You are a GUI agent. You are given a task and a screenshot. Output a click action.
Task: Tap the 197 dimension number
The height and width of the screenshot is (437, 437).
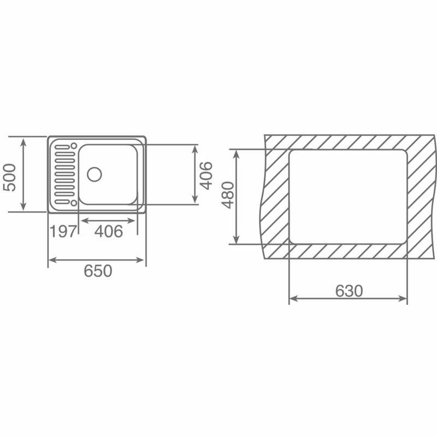click(63, 232)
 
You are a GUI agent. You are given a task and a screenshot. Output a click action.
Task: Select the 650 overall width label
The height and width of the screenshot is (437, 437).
click(98, 270)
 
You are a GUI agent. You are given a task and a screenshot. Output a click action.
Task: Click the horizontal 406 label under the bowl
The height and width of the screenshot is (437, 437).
click(109, 232)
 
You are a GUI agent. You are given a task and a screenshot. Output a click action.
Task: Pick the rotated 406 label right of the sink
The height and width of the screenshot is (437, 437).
click(206, 175)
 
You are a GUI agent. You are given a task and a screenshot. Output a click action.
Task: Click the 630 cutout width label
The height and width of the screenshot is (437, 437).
click(349, 291)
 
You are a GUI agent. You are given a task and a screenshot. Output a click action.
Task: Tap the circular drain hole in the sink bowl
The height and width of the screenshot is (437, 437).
click(94, 174)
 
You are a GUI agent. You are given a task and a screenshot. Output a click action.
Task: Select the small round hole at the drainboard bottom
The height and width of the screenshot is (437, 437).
click(72, 203)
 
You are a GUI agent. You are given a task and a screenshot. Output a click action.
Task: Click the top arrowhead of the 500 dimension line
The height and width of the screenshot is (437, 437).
click(23, 141)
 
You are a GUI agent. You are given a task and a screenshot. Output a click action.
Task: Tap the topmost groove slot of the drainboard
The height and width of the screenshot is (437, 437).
click(62, 146)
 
